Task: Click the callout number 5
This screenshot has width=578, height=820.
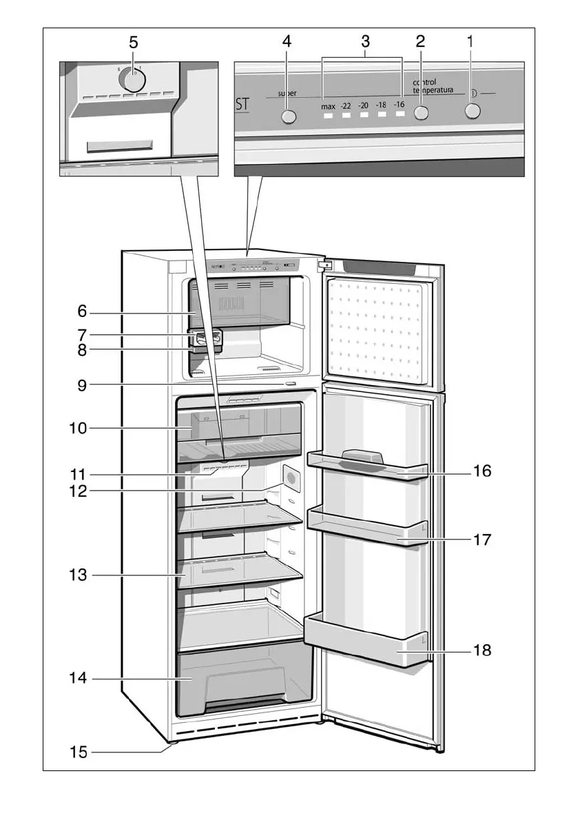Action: [x=134, y=42]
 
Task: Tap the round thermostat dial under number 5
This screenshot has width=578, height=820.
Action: [x=132, y=80]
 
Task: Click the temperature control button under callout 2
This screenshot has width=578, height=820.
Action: [x=420, y=114]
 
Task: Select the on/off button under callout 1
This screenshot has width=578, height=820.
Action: [x=471, y=112]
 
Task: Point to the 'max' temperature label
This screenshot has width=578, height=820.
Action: [x=328, y=107]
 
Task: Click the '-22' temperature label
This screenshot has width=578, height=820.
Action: [x=346, y=106]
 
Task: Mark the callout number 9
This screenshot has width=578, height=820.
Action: [x=82, y=385]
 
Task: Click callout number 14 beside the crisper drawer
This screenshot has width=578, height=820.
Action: [x=78, y=678]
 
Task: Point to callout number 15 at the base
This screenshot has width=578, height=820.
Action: [x=78, y=752]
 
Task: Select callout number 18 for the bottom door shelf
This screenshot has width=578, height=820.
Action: [x=482, y=649]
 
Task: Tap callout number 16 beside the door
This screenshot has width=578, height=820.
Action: [x=482, y=471]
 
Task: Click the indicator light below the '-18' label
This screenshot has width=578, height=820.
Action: [x=381, y=116]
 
